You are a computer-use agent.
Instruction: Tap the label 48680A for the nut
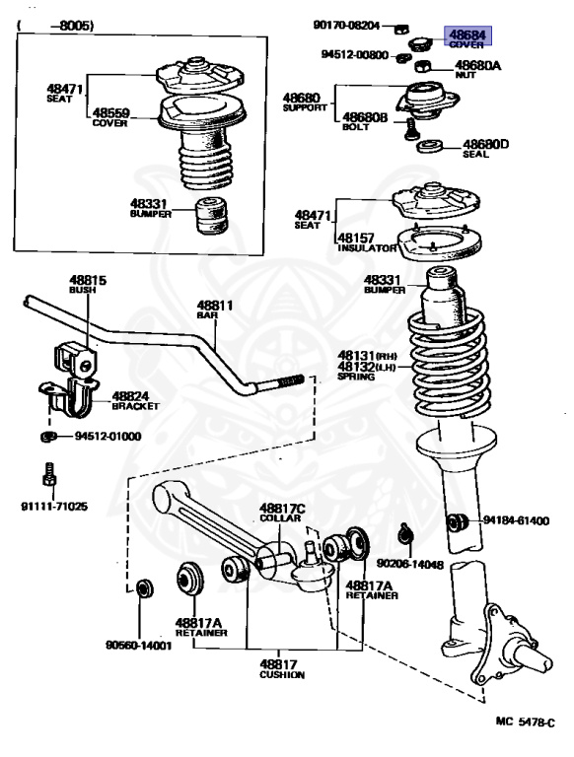pos(477,66)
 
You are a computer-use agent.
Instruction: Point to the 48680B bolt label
pos(361,116)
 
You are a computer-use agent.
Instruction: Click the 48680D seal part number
pos(485,144)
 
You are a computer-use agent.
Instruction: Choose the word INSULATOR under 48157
pos(366,249)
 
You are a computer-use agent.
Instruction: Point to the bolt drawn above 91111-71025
pos(48,477)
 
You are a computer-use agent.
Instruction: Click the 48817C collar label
pos(283,509)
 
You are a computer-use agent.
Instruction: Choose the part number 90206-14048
pos(410,565)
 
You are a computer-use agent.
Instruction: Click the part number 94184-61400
pos(515,520)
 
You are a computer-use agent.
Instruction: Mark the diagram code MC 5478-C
pos(526,722)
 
